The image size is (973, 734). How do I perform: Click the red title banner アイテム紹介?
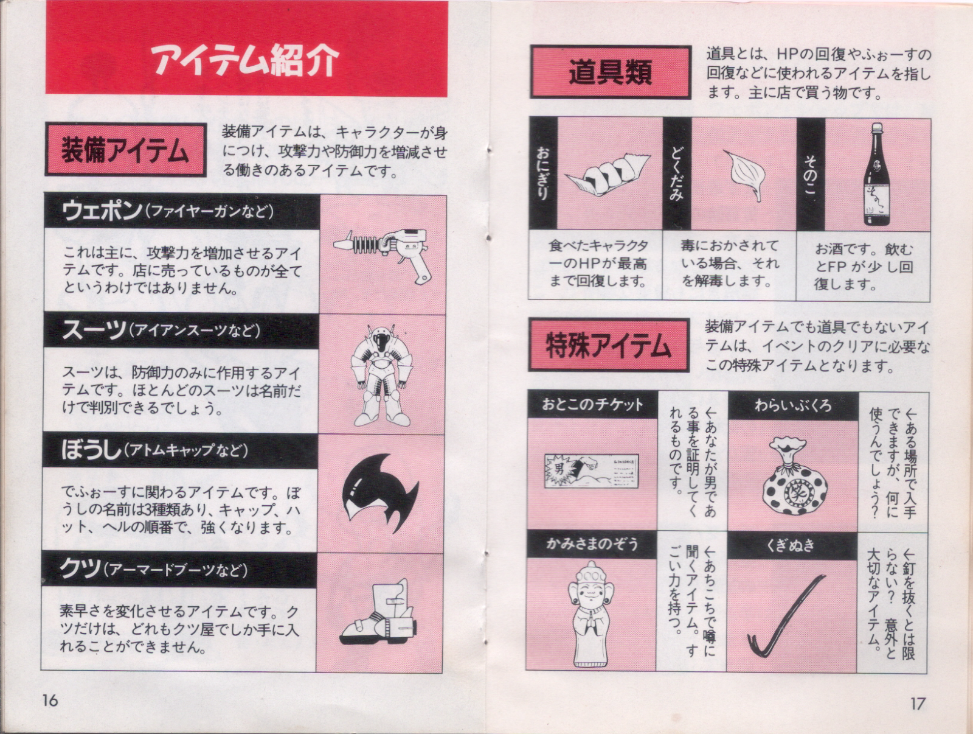(x=246, y=49)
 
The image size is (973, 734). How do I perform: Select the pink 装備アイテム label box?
(x=125, y=150)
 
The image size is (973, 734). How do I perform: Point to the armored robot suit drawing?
(x=382, y=375)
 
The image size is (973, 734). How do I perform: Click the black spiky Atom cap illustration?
(x=380, y=493)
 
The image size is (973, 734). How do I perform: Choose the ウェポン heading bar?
(x=182, y=211)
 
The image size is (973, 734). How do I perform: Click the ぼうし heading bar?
(x=181, y=450)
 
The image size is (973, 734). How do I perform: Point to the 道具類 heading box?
(x=611, y=72)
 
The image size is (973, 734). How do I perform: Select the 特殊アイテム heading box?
(x=609, y=346)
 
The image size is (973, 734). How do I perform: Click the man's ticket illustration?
(x=591, y=471)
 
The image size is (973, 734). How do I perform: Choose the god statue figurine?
(x=591, y=614)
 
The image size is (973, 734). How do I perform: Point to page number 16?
(x=50, y=700)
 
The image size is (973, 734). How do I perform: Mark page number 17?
(x=917, y=704)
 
